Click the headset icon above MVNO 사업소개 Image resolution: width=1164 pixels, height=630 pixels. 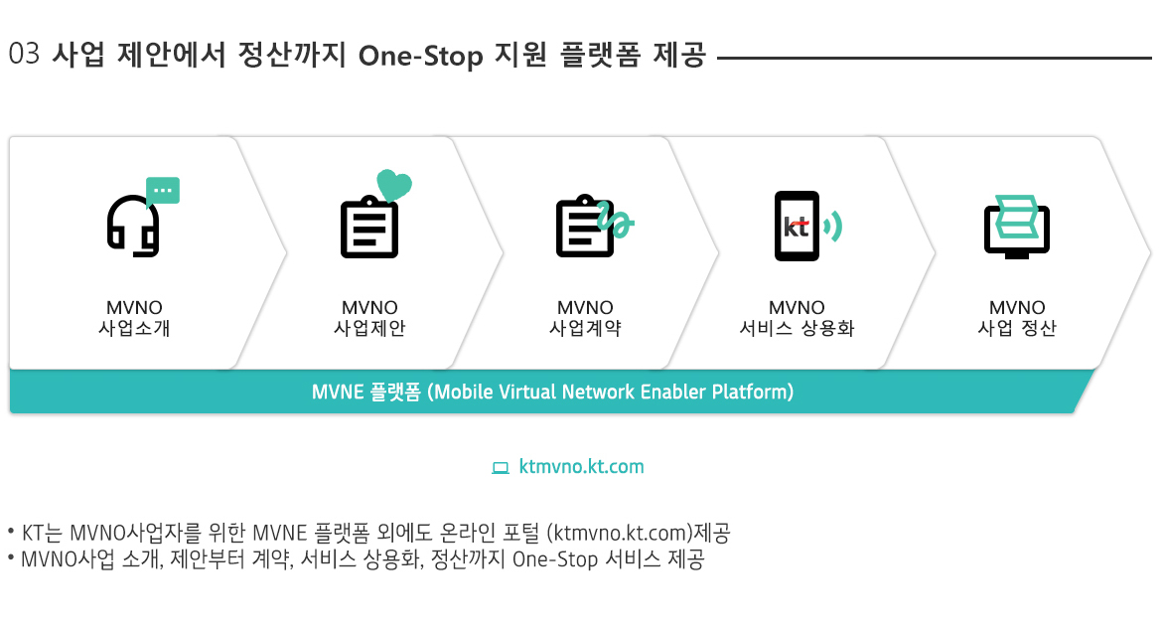coord(134,226)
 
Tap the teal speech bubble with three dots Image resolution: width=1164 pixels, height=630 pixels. coord(163,190)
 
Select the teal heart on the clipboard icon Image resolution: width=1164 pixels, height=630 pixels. coord(394,185)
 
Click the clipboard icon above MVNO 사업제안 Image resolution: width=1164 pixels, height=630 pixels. coord(368,227)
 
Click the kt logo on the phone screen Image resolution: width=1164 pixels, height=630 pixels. coord(796,227)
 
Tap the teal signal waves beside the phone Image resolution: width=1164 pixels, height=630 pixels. coord(833,227)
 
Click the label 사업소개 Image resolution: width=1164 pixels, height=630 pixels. coord(134,328)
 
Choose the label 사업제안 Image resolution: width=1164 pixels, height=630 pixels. coord(369,328)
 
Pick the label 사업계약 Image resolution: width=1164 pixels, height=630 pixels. coord(585,328)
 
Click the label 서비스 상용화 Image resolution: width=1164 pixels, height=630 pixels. coord(797,328)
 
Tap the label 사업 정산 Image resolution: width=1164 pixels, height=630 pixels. coord(1017,328)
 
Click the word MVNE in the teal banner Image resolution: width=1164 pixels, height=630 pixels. coord(338,392)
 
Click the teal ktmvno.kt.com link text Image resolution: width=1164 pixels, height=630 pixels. coord(581,467)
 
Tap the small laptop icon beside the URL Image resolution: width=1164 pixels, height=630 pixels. coord(501,468)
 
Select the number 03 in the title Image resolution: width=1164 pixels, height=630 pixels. coord(24,55)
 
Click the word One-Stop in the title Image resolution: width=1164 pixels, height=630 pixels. coord(421,56)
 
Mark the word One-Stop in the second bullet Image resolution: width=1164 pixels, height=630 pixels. coord(555,559)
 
